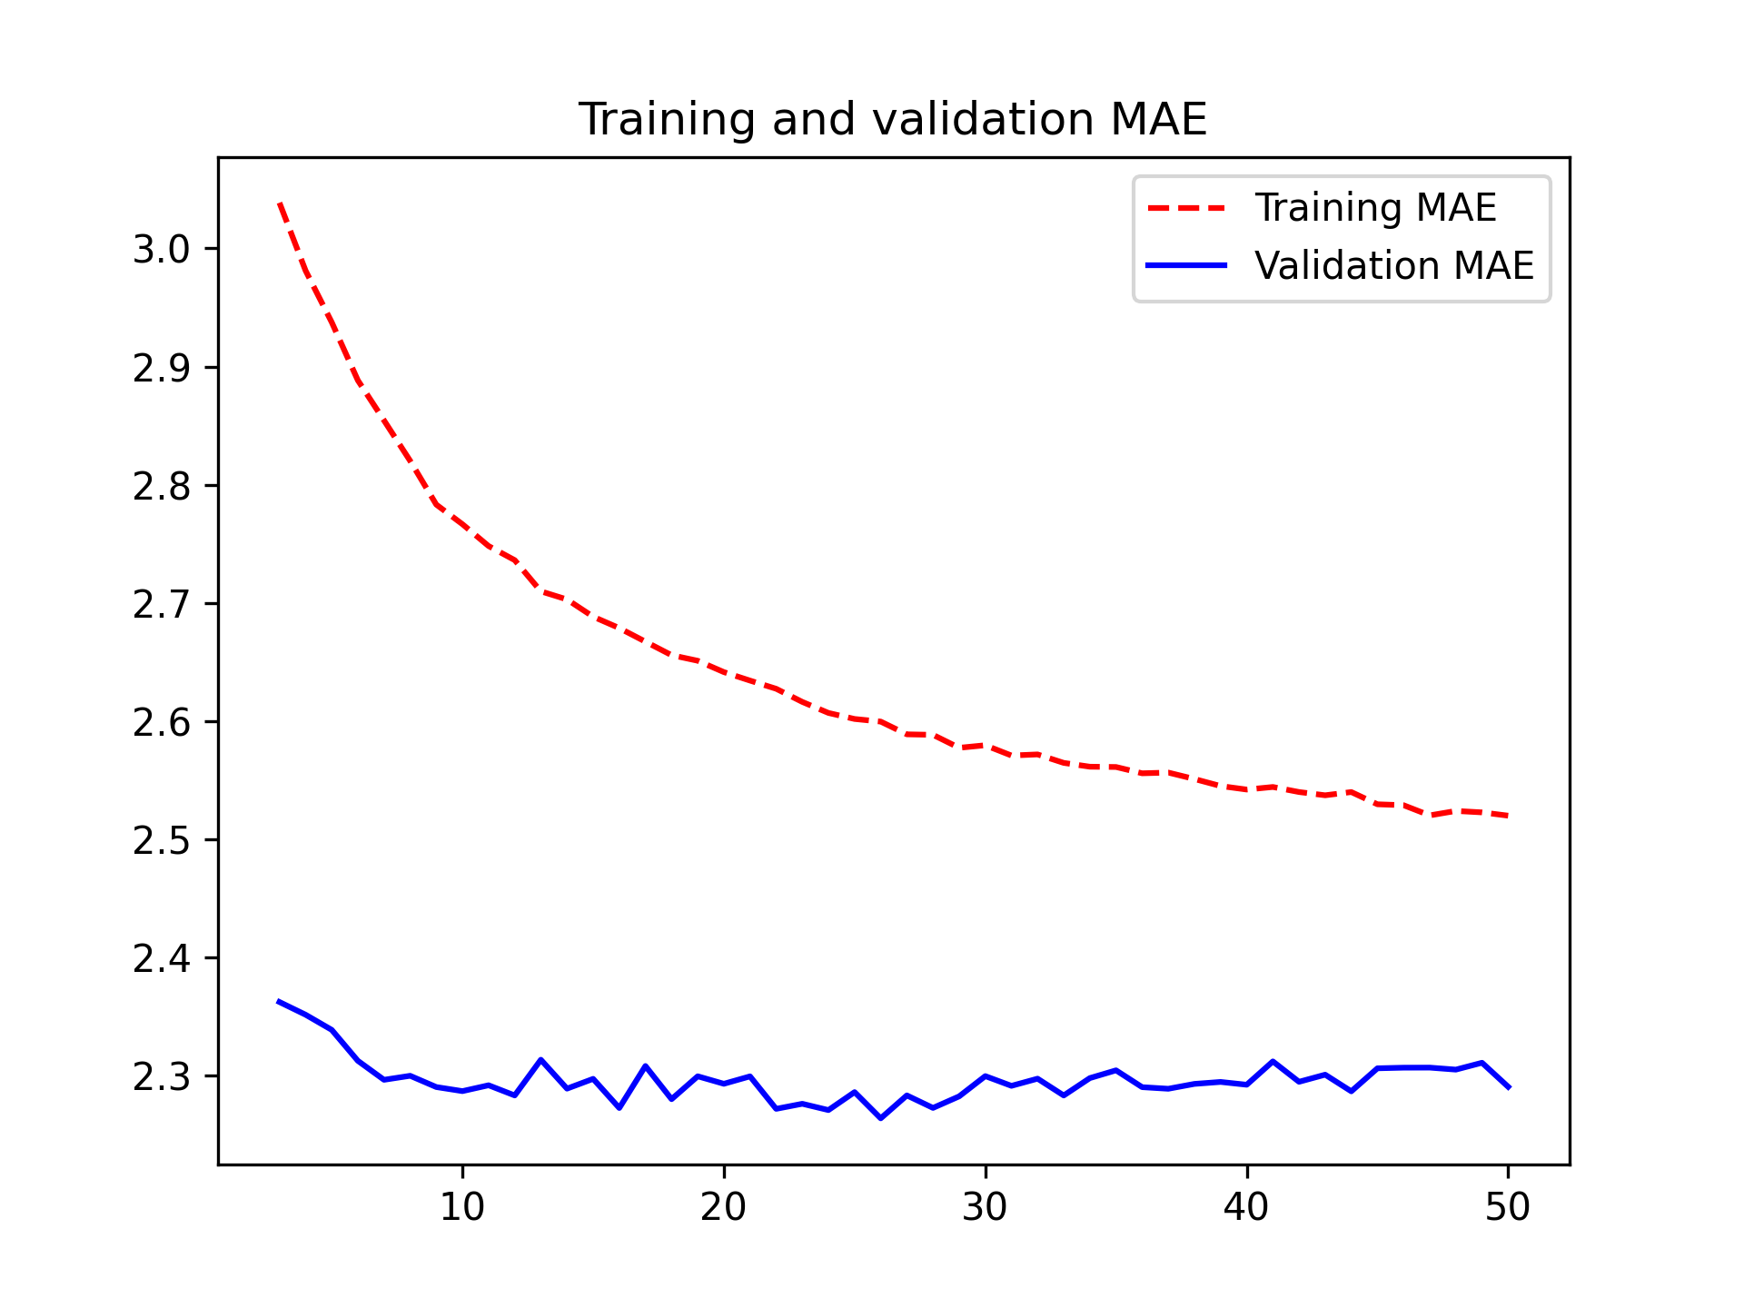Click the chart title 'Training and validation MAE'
click(893, 120)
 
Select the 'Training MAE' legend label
click(1375, 208)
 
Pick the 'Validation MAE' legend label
click(1394, 266)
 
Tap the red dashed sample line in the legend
click(1187, 208)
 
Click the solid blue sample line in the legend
click(1187, 265)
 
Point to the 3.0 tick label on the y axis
click(162, 250)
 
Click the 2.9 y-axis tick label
click(162, 368)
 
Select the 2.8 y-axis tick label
click(162, 486)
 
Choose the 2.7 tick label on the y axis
click(162, 604)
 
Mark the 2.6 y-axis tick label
click(162, 722)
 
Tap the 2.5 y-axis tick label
click(162, 840)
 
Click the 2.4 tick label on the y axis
click(162, 958)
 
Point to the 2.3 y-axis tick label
click(162, 1076)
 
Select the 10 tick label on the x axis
click(462, 1207)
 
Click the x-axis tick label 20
click(724, 1207)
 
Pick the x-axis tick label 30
click(986, 1207)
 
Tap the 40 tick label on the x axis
click(1246, 1207)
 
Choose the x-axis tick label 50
click(1508, 1207)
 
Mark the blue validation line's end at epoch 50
click(1508, 1087)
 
